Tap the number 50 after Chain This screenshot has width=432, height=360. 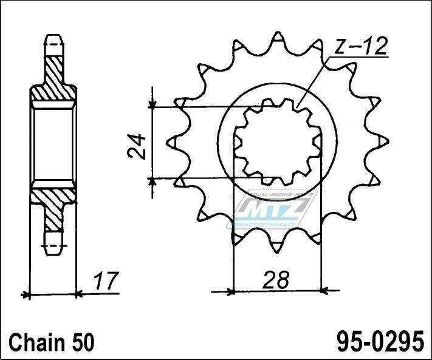click(84, 342)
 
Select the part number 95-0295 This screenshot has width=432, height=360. click(375, 341)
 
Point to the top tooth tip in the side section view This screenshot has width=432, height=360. click(53, 41)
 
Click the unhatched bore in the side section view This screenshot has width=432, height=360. click(53, 143)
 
